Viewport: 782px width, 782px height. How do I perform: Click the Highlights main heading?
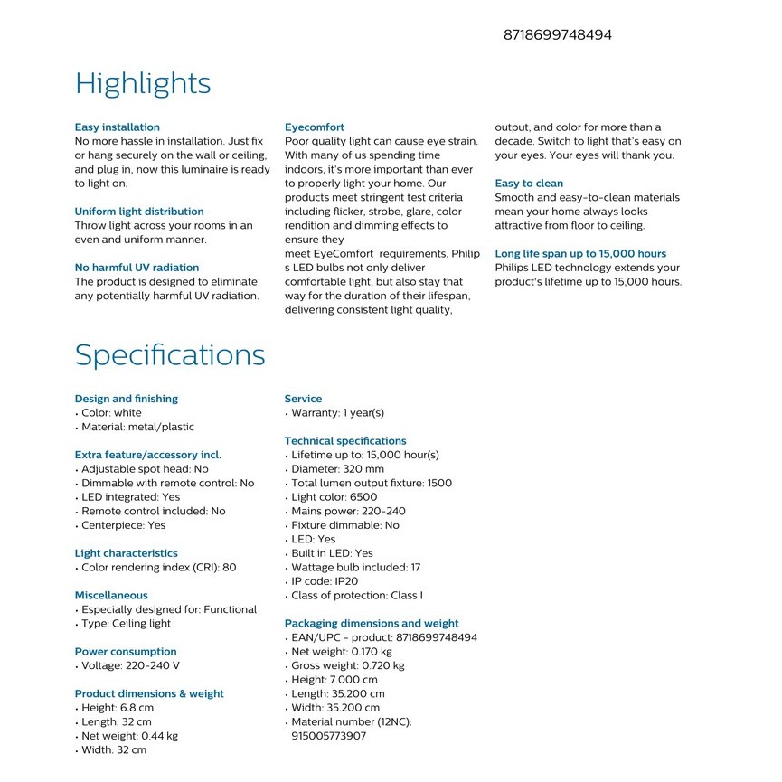coord(143,83)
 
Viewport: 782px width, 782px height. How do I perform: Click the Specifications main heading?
coord(170,354)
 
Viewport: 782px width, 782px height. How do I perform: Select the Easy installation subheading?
coord(117,127)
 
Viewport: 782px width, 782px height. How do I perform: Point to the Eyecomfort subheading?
coord(314,127)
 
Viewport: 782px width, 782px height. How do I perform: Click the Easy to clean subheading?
coord(529,184)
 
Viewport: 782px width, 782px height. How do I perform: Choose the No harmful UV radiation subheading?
coord(137,268)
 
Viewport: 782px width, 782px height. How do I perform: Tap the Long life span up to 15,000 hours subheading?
coord(580,254)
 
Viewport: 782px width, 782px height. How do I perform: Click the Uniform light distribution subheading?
coord(139,212)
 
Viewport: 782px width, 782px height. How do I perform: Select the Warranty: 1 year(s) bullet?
coord(337,413)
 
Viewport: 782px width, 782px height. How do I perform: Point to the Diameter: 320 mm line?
coord(337,469)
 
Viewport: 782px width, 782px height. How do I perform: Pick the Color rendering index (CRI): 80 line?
coord(158,568)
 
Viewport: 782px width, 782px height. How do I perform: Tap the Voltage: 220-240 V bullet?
coord(130,666)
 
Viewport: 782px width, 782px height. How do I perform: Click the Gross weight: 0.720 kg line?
coord(347,666)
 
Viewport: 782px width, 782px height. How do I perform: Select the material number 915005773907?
coord(328,736)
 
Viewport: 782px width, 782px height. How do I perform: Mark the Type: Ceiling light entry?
coord(126,624)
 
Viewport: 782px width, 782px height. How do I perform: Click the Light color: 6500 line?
coord(334,497)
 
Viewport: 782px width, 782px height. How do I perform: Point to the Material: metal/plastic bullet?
coord(137,427)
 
